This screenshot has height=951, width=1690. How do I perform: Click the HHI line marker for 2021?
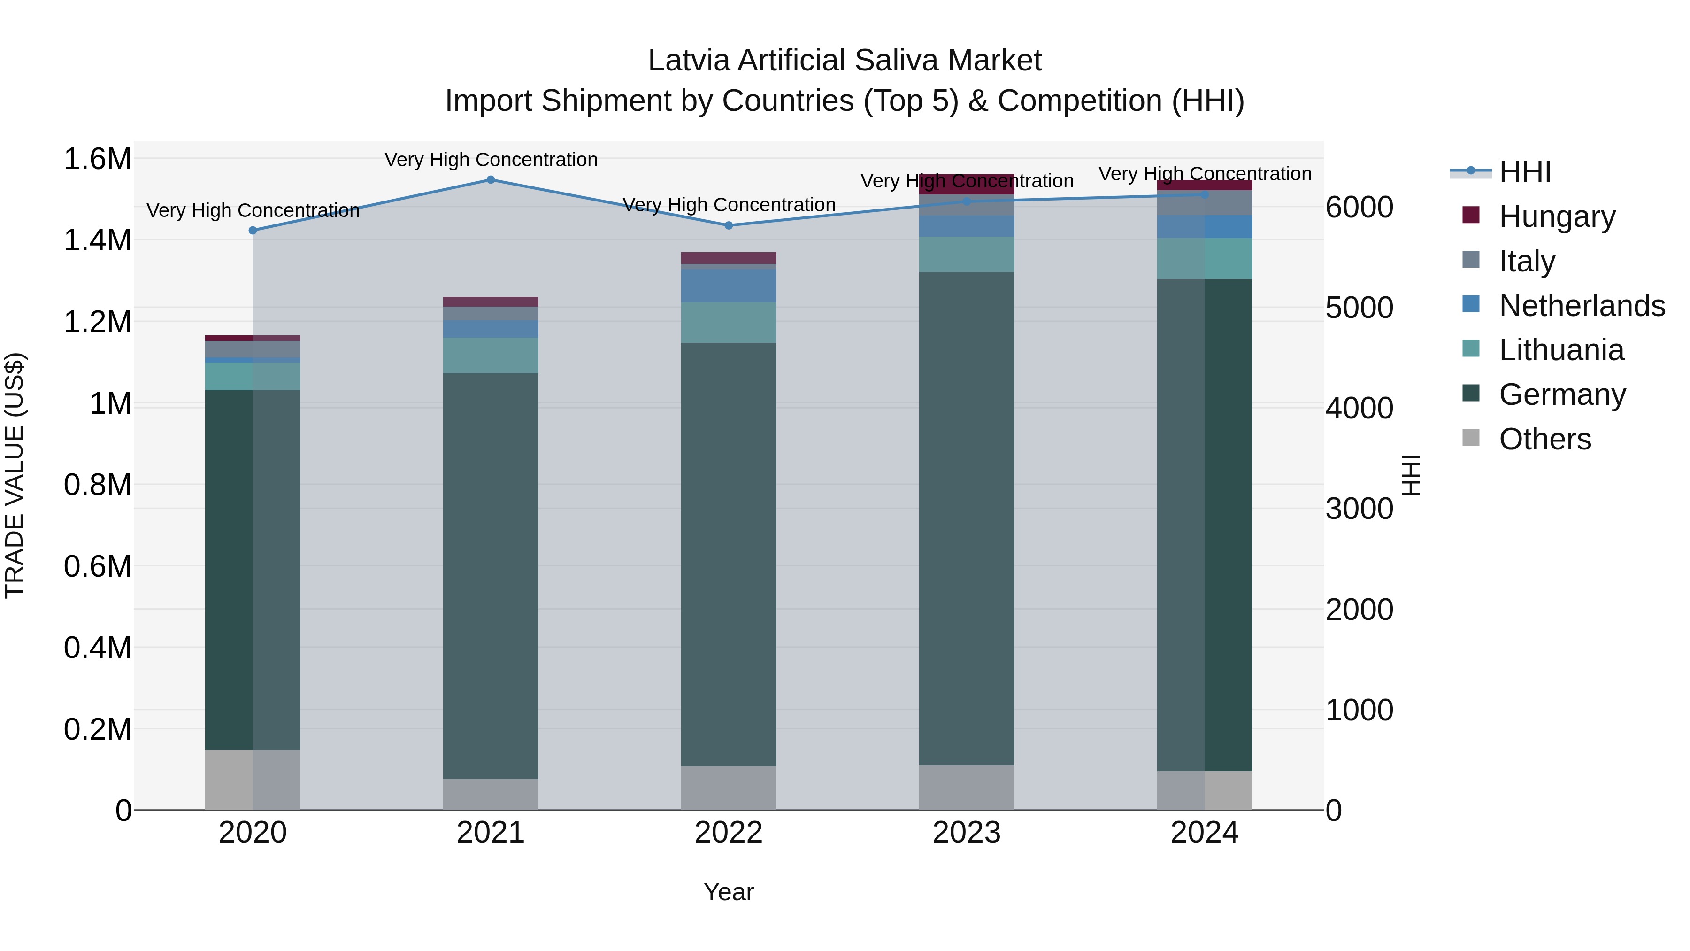click(491, 180)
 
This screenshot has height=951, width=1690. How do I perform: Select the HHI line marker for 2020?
click(253, 231)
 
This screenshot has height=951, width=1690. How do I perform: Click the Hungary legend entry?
click(1557, 216)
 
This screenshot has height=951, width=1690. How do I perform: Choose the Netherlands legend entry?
click(1581, 306)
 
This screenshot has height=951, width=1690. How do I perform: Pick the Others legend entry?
click(1544, 439)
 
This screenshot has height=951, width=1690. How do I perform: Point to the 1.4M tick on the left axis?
click(98, 240)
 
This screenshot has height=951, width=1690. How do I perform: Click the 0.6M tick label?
click(98, 566)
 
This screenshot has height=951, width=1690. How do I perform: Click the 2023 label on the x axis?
click(967, 833)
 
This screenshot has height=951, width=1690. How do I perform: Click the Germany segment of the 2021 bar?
click(491, 576)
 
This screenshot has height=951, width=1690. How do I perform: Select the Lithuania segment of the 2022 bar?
click(729, 322)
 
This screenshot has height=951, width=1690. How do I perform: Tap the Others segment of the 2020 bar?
click(253, 780)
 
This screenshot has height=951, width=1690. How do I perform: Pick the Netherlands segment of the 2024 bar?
click(1205, 226)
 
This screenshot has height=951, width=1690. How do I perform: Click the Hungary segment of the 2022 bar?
click(729, 258)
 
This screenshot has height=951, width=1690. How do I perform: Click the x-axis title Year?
click(728, 892)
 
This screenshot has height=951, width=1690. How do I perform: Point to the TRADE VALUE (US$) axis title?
click(15, 476)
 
